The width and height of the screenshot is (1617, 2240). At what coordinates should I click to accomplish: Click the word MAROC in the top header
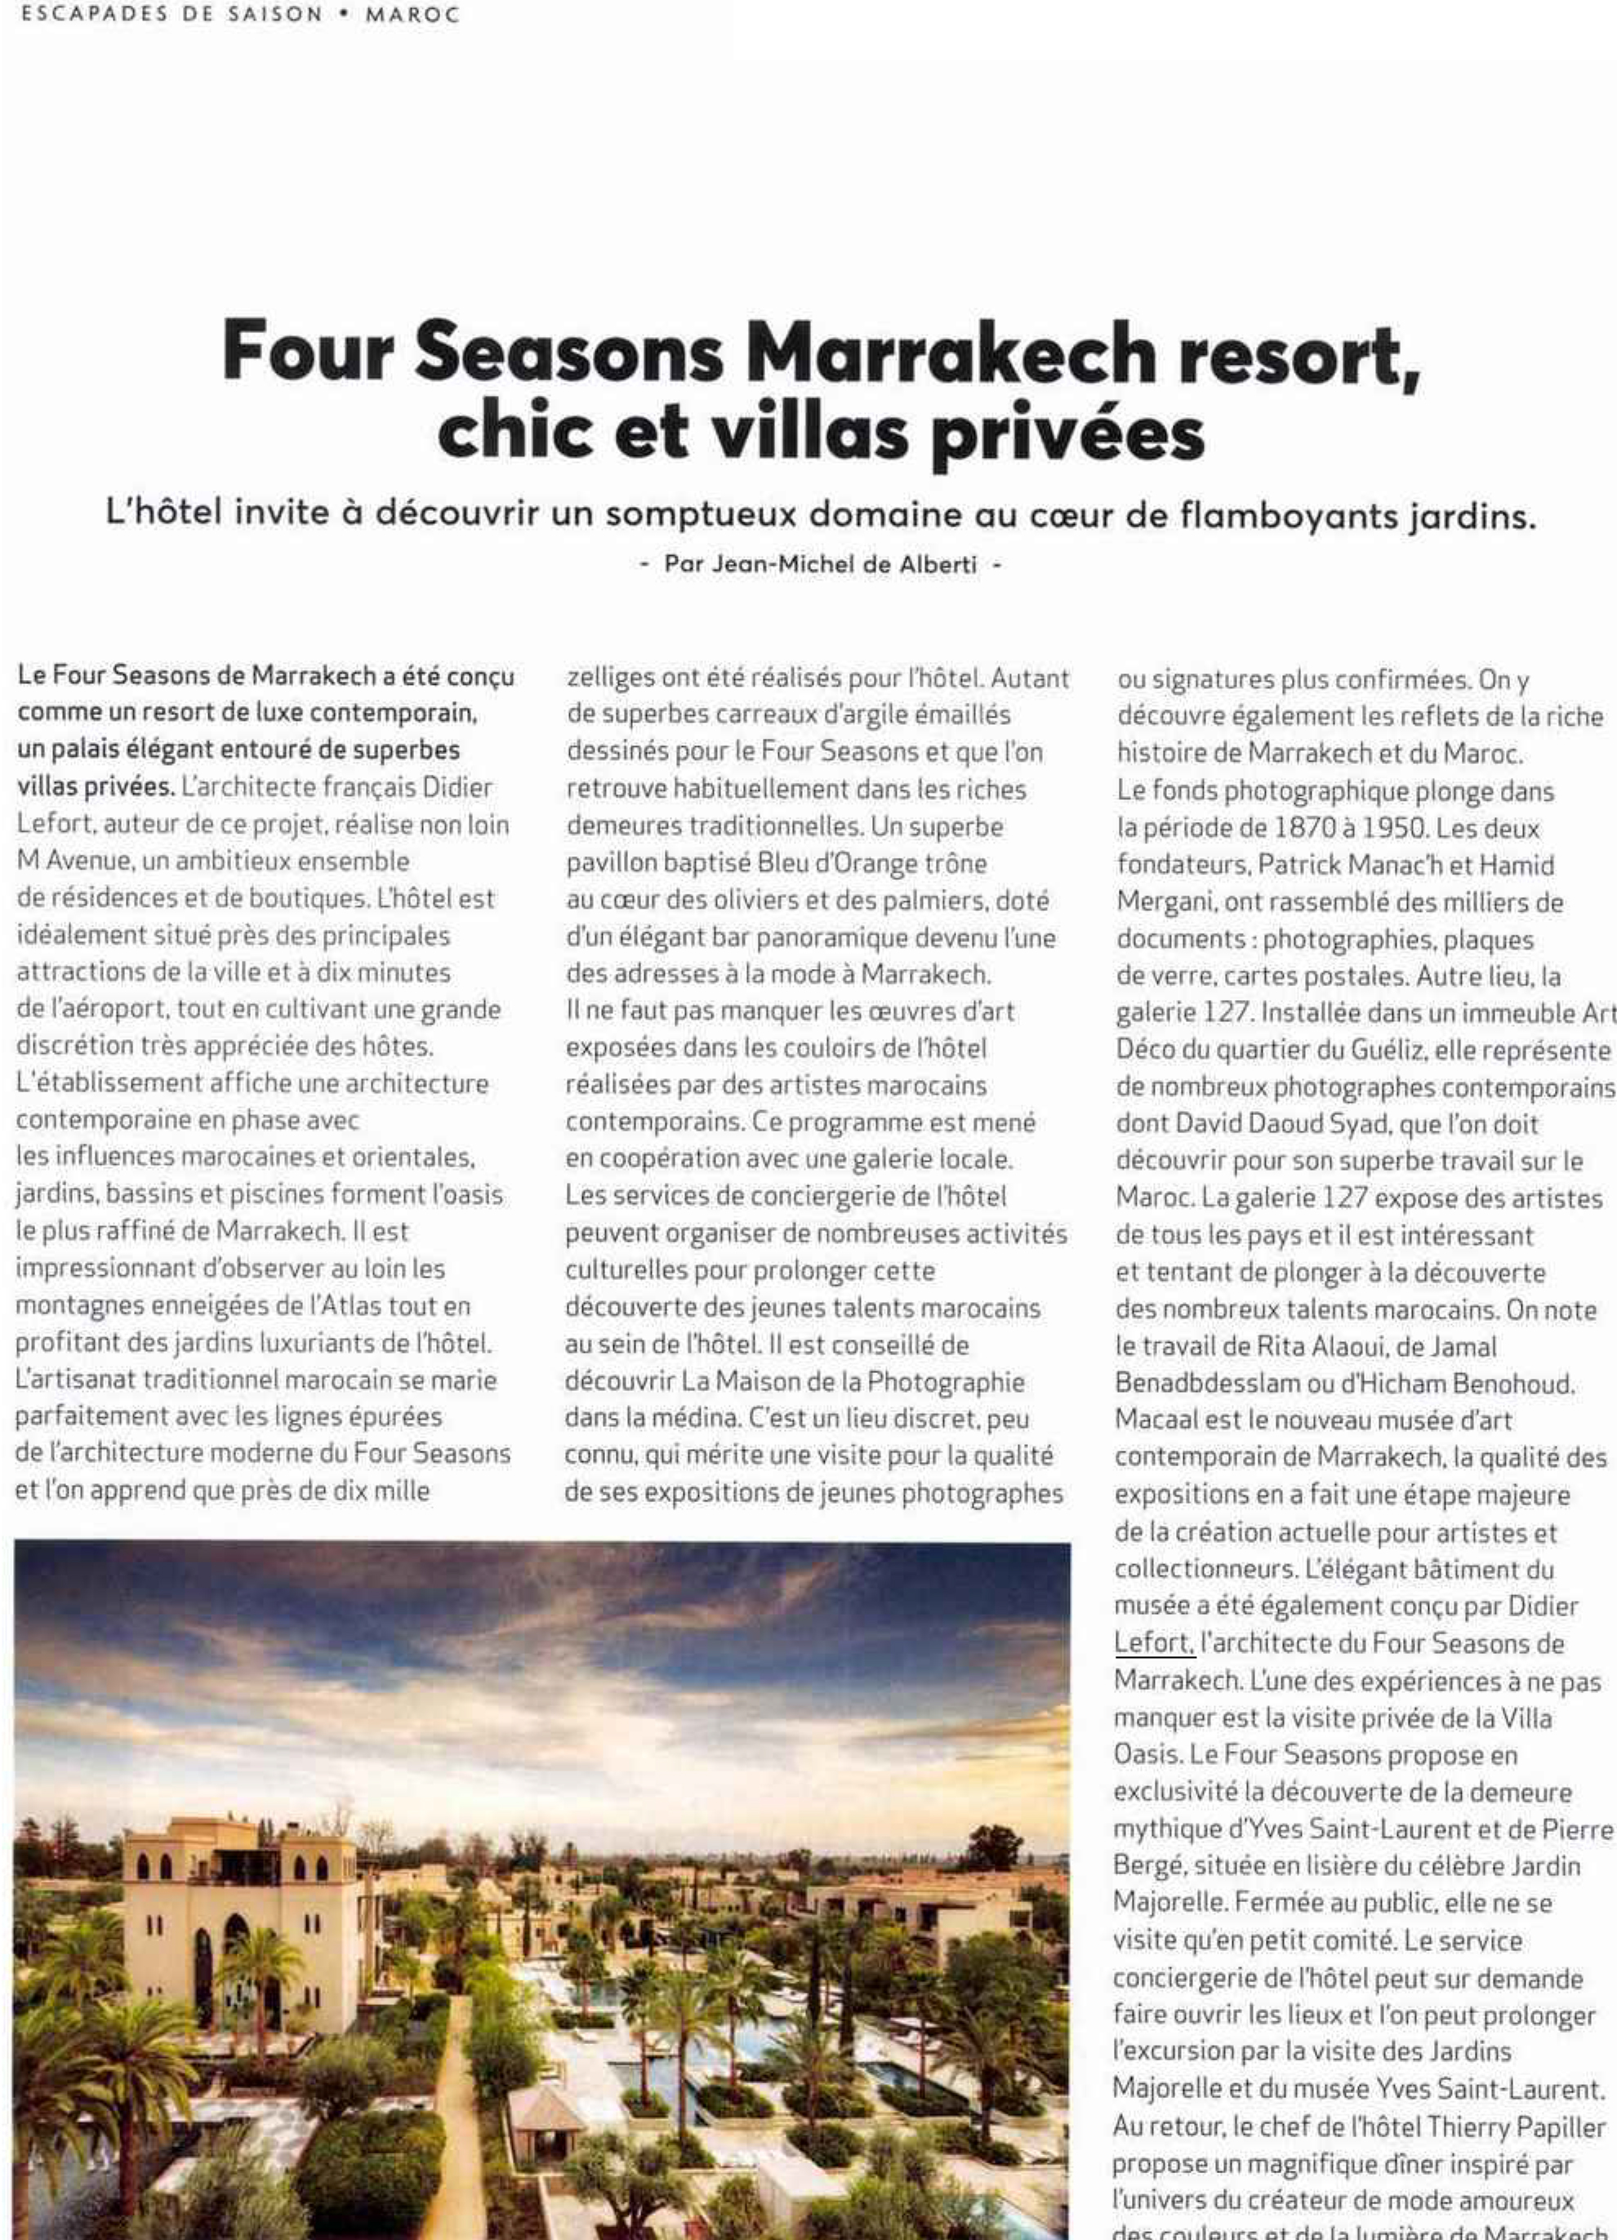point(411,16)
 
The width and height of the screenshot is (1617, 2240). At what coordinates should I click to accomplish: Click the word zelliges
point(609,678)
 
